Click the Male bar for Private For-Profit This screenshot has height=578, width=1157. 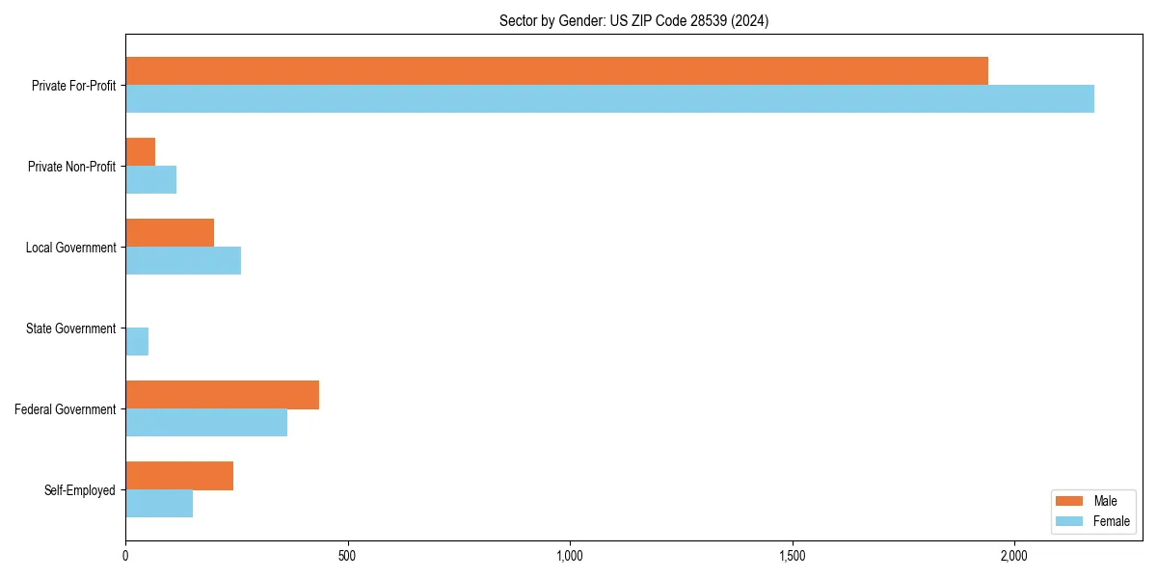[x=556, y=70]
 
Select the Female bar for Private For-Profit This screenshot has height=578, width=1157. [x=609, y=98]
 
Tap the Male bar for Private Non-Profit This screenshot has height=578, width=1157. [x=141, y=151]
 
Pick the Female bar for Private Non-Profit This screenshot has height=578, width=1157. [x=151, y=179]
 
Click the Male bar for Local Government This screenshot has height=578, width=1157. [x=170, y=232]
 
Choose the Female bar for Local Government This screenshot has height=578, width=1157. [x=183, y=260]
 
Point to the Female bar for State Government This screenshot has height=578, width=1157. [x=137, y=341]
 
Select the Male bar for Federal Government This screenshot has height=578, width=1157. [x=222, y=394]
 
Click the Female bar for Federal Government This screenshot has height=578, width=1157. [x=206, y=422]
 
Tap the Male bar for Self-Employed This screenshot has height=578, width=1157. [x=179, y=475]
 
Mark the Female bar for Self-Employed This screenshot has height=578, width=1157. [x=159, y=503]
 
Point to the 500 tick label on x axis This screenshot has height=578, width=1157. [x=348, y=556]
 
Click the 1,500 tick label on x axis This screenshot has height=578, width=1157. [x=792, y=556]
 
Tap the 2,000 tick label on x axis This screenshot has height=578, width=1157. [x=1014, y=556]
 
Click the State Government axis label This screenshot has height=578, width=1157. [x=71, y=328]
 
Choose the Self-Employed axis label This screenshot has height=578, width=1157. [x=80, y=490]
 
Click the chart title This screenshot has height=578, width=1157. [x=633, y=20]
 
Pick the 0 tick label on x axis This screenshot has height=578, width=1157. [x=125, y=556]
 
